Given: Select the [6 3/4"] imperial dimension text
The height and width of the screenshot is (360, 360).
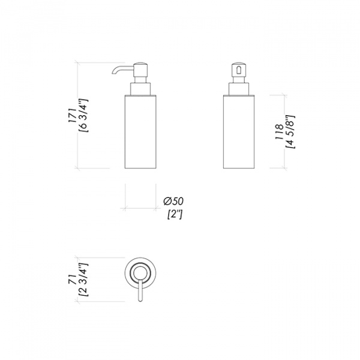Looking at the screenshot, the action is click(x=83, y=115).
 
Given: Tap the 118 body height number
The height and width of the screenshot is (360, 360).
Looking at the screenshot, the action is click(x=279, y=132).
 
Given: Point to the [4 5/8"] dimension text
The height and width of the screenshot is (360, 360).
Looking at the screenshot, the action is click(x=290, y=131).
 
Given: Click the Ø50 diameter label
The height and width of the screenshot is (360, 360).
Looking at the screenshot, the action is click(x=173, y=202).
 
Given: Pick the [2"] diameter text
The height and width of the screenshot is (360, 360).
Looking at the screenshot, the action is click(x=175, y=215).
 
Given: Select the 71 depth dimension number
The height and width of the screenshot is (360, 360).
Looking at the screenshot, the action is click(x=73, y=280).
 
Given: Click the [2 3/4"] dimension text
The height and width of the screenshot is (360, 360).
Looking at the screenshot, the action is click(x=83, y=280).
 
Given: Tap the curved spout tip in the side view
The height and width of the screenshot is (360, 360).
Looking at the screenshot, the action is click(x=113, y=73).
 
